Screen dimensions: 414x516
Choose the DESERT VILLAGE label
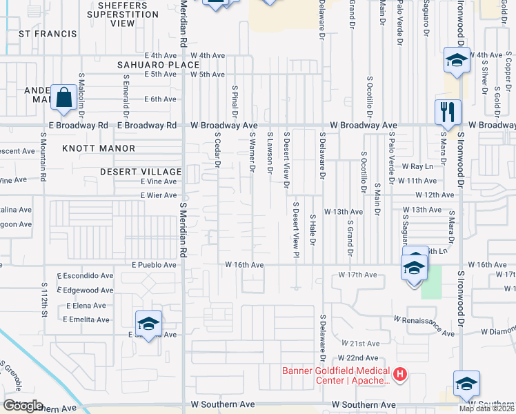point(140,171)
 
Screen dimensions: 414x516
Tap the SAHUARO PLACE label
point(158,64)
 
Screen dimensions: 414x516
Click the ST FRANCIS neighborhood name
point(48,33)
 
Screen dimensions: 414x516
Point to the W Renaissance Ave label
point(425,327)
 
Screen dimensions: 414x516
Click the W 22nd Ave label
point(358,358)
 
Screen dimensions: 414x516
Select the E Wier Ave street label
point(158,195)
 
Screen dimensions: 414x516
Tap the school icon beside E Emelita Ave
point(148,324)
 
